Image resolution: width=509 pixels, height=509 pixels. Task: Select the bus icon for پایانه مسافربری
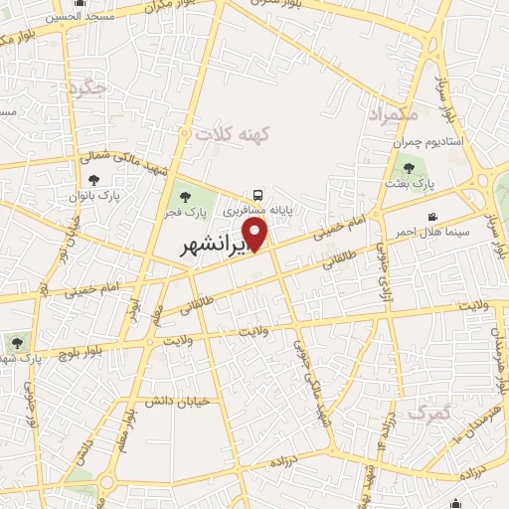pos(258,195)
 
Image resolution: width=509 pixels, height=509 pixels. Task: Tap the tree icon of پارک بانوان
pos(93,180)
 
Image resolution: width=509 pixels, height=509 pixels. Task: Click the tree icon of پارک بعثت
pos(409,168)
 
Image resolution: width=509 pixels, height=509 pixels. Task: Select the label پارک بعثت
pos(412,184)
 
